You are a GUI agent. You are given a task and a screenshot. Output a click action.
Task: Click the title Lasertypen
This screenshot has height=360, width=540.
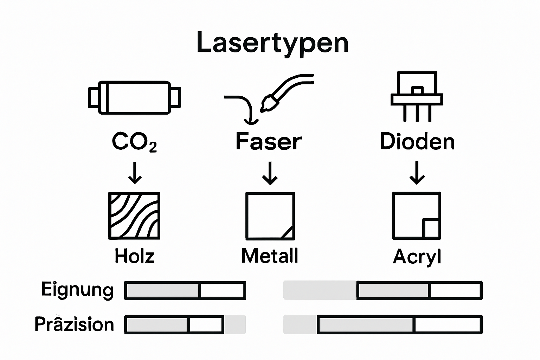272,43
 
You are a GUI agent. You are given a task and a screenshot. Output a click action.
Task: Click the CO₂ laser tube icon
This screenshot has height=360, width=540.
134,98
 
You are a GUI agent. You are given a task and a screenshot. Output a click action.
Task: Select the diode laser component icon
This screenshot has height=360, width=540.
417,95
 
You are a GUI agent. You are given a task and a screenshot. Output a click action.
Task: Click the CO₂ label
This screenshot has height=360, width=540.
134,142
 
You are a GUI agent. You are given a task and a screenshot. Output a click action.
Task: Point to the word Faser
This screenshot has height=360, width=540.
269,142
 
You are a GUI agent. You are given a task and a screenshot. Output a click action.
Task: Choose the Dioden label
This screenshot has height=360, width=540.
417,142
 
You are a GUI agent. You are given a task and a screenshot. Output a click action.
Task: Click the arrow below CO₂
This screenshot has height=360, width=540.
135,173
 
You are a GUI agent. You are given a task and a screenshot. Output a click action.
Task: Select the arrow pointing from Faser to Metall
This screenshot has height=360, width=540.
270,173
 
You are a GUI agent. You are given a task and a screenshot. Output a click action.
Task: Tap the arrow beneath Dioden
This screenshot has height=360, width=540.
417,173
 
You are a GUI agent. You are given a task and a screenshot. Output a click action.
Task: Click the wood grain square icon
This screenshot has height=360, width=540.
134,216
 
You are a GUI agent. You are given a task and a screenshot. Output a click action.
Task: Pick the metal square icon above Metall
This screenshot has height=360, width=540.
270,216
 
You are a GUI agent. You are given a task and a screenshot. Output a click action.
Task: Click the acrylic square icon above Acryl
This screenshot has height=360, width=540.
417,216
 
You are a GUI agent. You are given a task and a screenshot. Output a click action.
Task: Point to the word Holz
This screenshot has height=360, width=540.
134,256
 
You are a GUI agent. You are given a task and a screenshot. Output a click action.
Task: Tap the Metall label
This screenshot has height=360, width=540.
270,256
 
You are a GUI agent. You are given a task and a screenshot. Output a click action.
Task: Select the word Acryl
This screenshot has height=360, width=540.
417,257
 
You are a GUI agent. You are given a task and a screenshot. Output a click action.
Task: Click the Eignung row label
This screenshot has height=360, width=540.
77,290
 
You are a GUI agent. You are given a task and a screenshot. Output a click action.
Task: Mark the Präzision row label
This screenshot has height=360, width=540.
74,324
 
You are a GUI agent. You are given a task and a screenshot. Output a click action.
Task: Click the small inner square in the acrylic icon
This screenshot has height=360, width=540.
431,229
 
